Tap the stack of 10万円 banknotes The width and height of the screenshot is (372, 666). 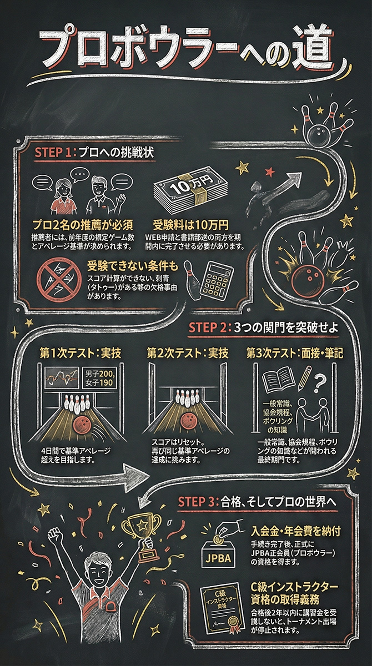coord(190,190)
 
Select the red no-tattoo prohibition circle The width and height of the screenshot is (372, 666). coord(59,280)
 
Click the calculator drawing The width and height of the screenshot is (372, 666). coord(217,279)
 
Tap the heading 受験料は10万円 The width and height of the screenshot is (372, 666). coord(190,225)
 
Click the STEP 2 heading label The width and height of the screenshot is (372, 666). coord(210,327)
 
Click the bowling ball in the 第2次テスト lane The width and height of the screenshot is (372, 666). coord(188,421)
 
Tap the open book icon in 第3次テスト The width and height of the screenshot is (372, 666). coord(278,379)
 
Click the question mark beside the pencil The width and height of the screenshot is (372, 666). coord(319,383)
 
